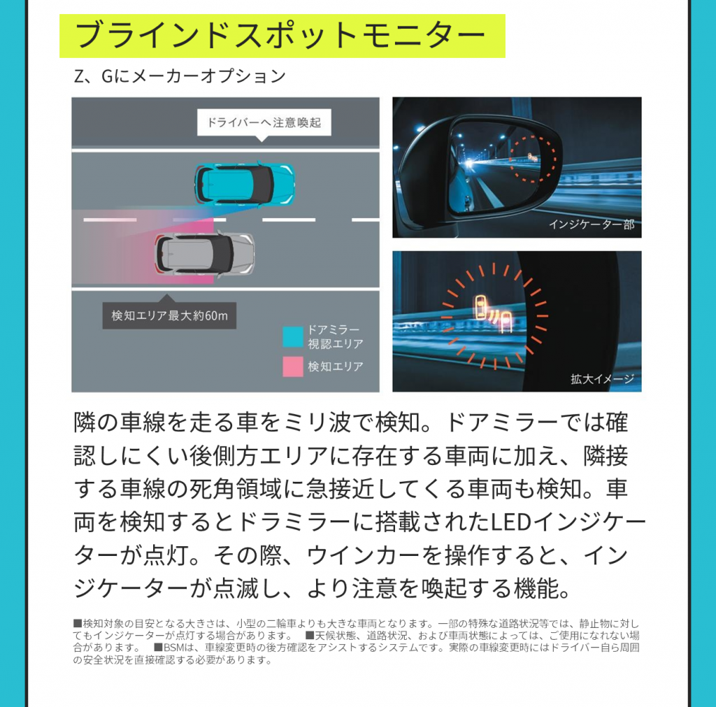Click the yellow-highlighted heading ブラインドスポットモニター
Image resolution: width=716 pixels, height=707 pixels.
pos(282,36)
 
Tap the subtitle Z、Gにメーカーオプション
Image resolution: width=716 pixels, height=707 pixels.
pos(180,76)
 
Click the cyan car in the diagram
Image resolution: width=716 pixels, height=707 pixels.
pos(244,183)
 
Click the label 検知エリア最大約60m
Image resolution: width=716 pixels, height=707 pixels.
pos(169,315)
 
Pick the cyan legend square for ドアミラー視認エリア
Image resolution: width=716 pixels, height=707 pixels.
pos(292,337)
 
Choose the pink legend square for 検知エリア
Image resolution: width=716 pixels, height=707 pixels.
pos(292,366)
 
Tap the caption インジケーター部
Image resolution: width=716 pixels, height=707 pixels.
pos(591,224)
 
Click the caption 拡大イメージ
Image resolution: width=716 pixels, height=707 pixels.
pos(602,379)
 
